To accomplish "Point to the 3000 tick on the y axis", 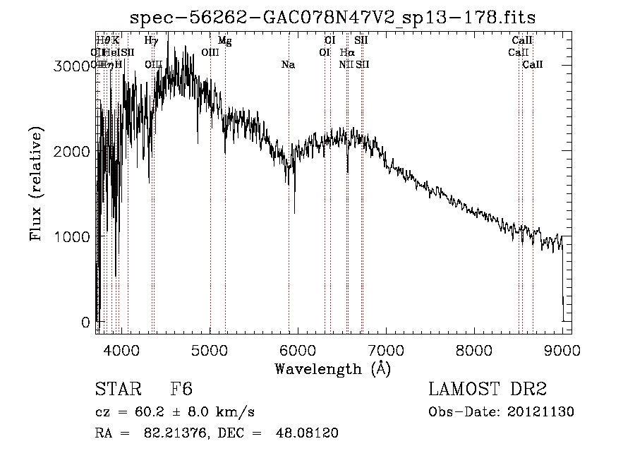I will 73,66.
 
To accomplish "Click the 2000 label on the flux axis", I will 73,151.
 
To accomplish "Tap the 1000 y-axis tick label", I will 73,236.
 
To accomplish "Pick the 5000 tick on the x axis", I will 210,349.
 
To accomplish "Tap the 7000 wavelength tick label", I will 386,349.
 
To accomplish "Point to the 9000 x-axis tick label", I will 562,349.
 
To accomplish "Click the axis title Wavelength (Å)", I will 332,368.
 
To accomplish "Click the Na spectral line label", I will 288,65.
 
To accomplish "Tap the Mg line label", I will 224,41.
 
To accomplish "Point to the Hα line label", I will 346,52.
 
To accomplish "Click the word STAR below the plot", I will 117,390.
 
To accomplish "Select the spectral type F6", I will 181,390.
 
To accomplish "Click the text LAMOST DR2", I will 488,390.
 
